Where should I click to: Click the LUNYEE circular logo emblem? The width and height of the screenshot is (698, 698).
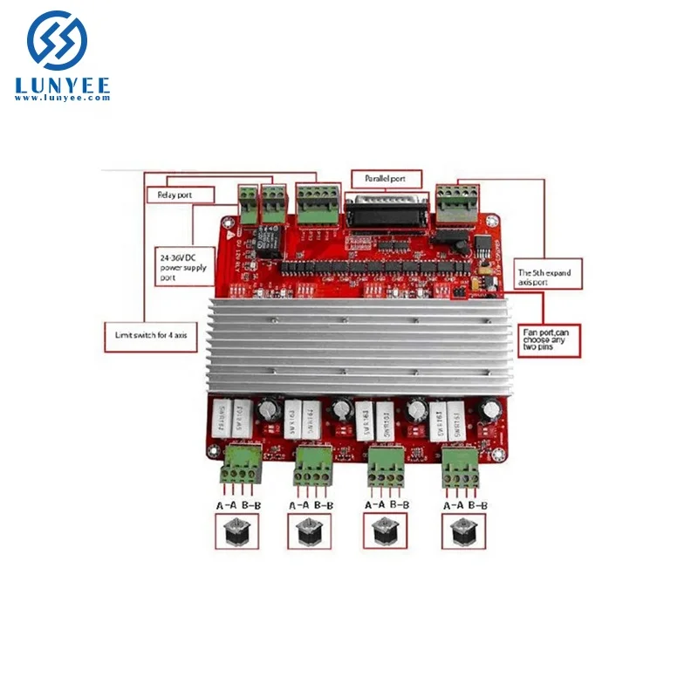tap(58, 41)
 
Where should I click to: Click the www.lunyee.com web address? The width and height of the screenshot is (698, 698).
tap(61, 99)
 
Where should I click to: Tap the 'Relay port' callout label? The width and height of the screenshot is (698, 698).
tap(175, 195)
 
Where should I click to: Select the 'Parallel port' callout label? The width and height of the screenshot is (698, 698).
tap(385, 179)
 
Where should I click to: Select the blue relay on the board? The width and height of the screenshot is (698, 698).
tap(265, 236)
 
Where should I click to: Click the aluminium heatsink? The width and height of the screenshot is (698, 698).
tap(349, 340)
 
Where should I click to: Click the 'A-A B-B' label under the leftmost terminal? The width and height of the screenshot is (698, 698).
tap(238, 504)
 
